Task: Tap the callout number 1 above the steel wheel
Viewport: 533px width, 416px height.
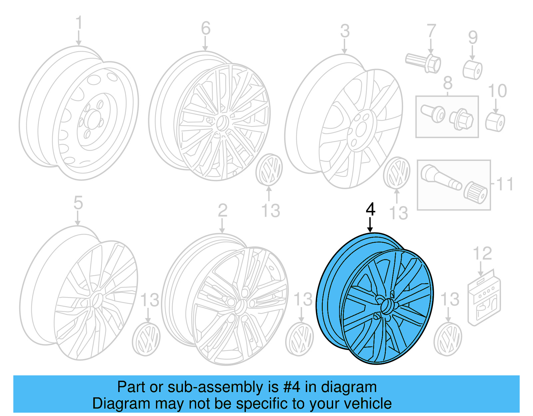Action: click(79, 23)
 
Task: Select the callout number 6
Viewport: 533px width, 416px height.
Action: click(206, 28)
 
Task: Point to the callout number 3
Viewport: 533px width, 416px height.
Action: click(345, 31)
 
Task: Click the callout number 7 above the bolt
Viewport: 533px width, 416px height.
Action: click(431, 31)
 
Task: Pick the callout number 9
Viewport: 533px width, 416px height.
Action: click(473, 38)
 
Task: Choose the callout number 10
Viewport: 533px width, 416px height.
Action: click(497, 91)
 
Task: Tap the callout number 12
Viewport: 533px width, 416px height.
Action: click(482, 254)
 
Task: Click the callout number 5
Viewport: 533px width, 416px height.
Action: click(78, 203)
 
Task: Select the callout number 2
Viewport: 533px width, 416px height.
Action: click(223, 210)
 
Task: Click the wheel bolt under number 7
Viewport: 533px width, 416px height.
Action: click(424, 62)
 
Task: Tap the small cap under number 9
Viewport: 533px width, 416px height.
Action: click(472, 70)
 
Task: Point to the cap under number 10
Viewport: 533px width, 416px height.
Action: click(495, 122)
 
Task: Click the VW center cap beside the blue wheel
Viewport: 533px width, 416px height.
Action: click(447, 339)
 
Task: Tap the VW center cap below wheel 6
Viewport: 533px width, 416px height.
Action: click(269, 169)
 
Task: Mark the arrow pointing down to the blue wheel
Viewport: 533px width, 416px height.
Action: click(370, 225)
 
